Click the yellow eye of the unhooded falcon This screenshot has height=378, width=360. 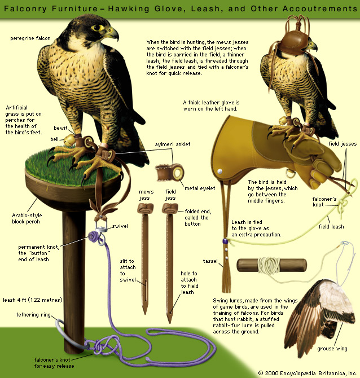97,28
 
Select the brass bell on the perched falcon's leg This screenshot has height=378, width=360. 69,140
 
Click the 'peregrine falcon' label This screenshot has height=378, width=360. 30,38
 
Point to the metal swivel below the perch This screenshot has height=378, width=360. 101,226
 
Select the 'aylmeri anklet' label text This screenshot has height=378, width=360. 173,144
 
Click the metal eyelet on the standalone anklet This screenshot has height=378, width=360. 178,173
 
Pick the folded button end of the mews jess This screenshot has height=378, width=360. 146,208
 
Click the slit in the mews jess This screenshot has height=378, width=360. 146,287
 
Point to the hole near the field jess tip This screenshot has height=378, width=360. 171,313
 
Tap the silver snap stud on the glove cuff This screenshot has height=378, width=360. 219,172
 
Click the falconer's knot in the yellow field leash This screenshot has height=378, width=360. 342,205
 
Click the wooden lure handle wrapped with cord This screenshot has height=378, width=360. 272,265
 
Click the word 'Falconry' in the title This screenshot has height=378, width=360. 25,9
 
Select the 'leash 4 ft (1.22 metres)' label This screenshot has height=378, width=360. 33,300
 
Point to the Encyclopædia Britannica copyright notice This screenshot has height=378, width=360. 308,373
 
